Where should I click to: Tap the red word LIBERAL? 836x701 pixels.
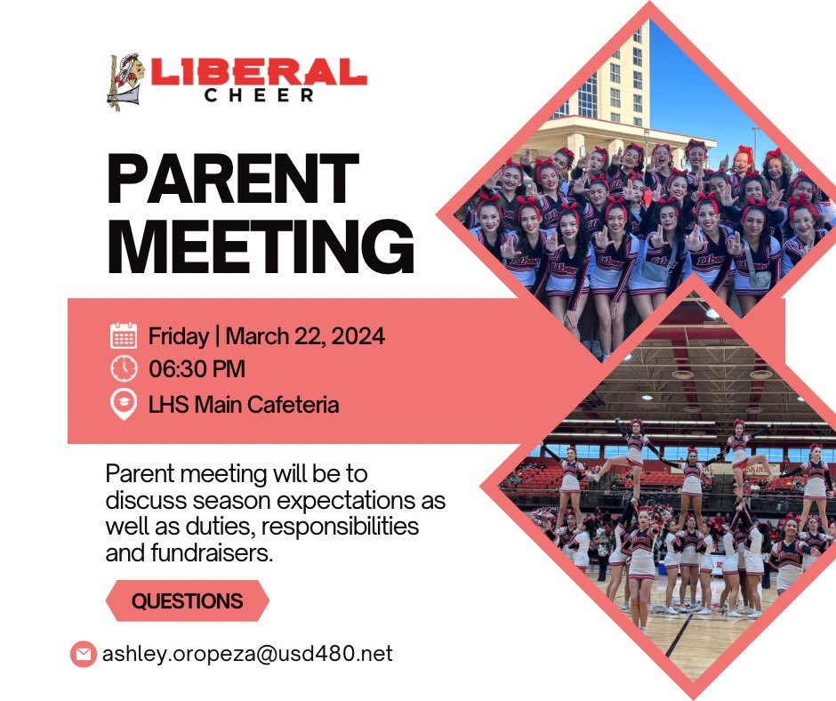(x=259, y=72)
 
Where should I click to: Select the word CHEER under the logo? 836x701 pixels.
(x=259, y=95)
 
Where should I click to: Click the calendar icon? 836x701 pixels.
(x=124, y=336)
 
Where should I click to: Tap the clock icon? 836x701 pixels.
(x=124, y=368)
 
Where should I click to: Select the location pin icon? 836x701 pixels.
(x=124, y=404)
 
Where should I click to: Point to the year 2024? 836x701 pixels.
(x=360, y=336)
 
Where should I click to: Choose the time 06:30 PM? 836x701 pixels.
(x=197, y=368)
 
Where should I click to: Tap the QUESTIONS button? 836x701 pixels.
(x=187, y=601)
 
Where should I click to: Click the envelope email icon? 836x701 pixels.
(x=83, y=655)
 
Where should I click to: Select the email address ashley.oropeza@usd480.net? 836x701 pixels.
(x=247, y=655)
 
